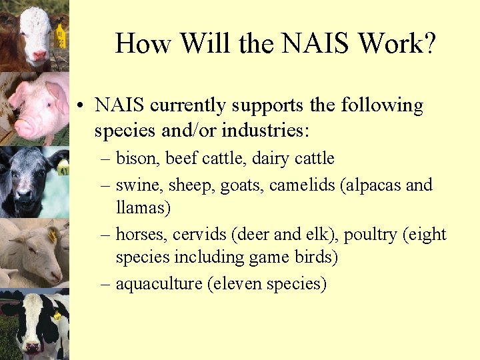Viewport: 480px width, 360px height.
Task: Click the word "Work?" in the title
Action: [x=397, y=44]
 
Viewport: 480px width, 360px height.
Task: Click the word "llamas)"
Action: [x=143, y=208]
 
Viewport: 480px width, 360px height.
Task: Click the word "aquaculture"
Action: [x=159, y=284]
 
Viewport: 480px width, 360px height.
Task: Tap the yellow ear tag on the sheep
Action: [x=52, y=235]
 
